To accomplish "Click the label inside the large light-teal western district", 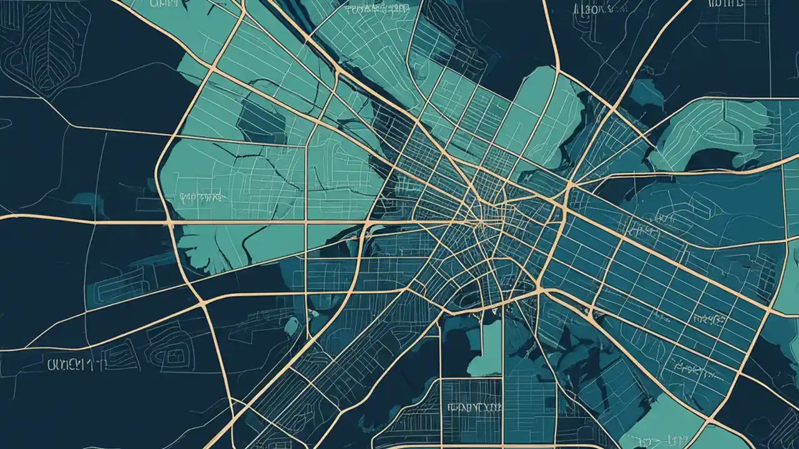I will pos(200,197).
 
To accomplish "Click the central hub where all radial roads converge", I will pos(481,221).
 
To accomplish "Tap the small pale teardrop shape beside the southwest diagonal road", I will pos(291,326).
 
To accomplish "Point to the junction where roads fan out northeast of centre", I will pos(569,185).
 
